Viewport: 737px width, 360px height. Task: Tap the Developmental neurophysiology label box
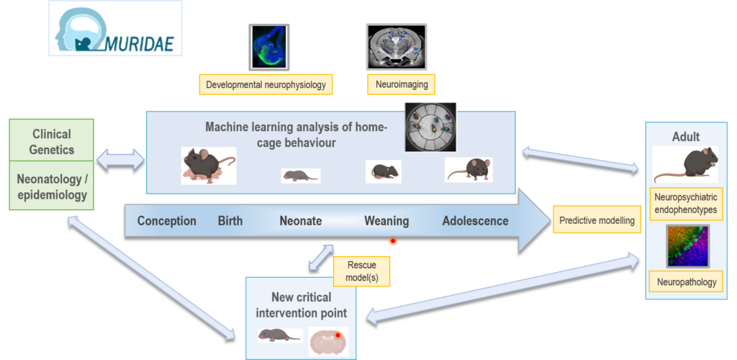point(266,84)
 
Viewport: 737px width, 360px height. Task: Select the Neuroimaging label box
point(402,84)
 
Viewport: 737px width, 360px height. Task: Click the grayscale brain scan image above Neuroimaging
point(396,46)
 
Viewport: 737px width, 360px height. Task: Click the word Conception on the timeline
point(166,221)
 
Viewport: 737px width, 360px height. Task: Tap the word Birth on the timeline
point(230,221)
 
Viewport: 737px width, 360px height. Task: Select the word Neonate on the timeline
point(300,221)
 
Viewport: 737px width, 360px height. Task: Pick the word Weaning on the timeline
point(386,221)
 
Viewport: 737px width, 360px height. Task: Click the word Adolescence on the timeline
point(475,221)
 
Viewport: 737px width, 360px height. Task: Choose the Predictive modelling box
point(597,220)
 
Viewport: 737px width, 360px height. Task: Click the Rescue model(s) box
point(361,271)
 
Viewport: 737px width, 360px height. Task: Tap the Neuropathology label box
point(687,282)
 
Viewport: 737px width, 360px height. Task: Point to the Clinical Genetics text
point(52,142)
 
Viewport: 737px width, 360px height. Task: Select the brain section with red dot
point(328,340)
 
